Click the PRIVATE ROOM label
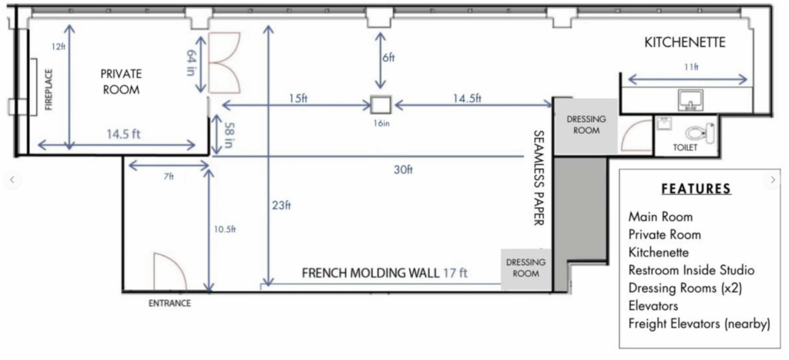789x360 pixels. [121, 82]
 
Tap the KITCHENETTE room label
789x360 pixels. [685, 42]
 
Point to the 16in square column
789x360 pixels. [381, 105]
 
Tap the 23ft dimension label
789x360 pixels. [282, 205]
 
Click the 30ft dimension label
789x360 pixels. [403, 170]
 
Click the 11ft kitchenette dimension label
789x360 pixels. [691, 67]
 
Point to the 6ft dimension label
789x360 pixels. [388, 57]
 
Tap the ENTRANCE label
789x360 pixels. [170, 304]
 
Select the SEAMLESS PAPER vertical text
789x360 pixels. [539, 178]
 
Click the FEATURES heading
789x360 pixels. [696, 189]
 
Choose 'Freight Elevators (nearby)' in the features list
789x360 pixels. [700, 325]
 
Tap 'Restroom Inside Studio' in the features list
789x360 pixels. [691, 271]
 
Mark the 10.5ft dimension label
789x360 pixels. [224, 230]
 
